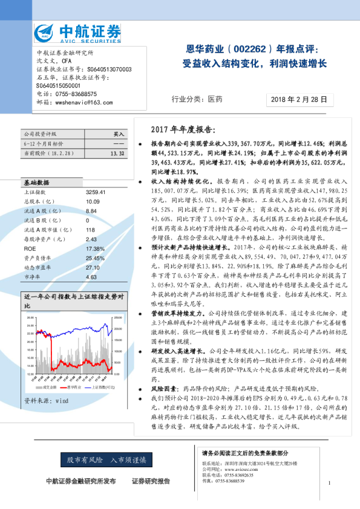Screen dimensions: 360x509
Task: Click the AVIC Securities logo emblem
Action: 47,33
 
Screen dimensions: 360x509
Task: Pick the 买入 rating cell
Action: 119,134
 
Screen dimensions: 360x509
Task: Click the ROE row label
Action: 30,248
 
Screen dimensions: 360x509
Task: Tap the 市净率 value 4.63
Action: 91,277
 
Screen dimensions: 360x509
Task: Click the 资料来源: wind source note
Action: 46,400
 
